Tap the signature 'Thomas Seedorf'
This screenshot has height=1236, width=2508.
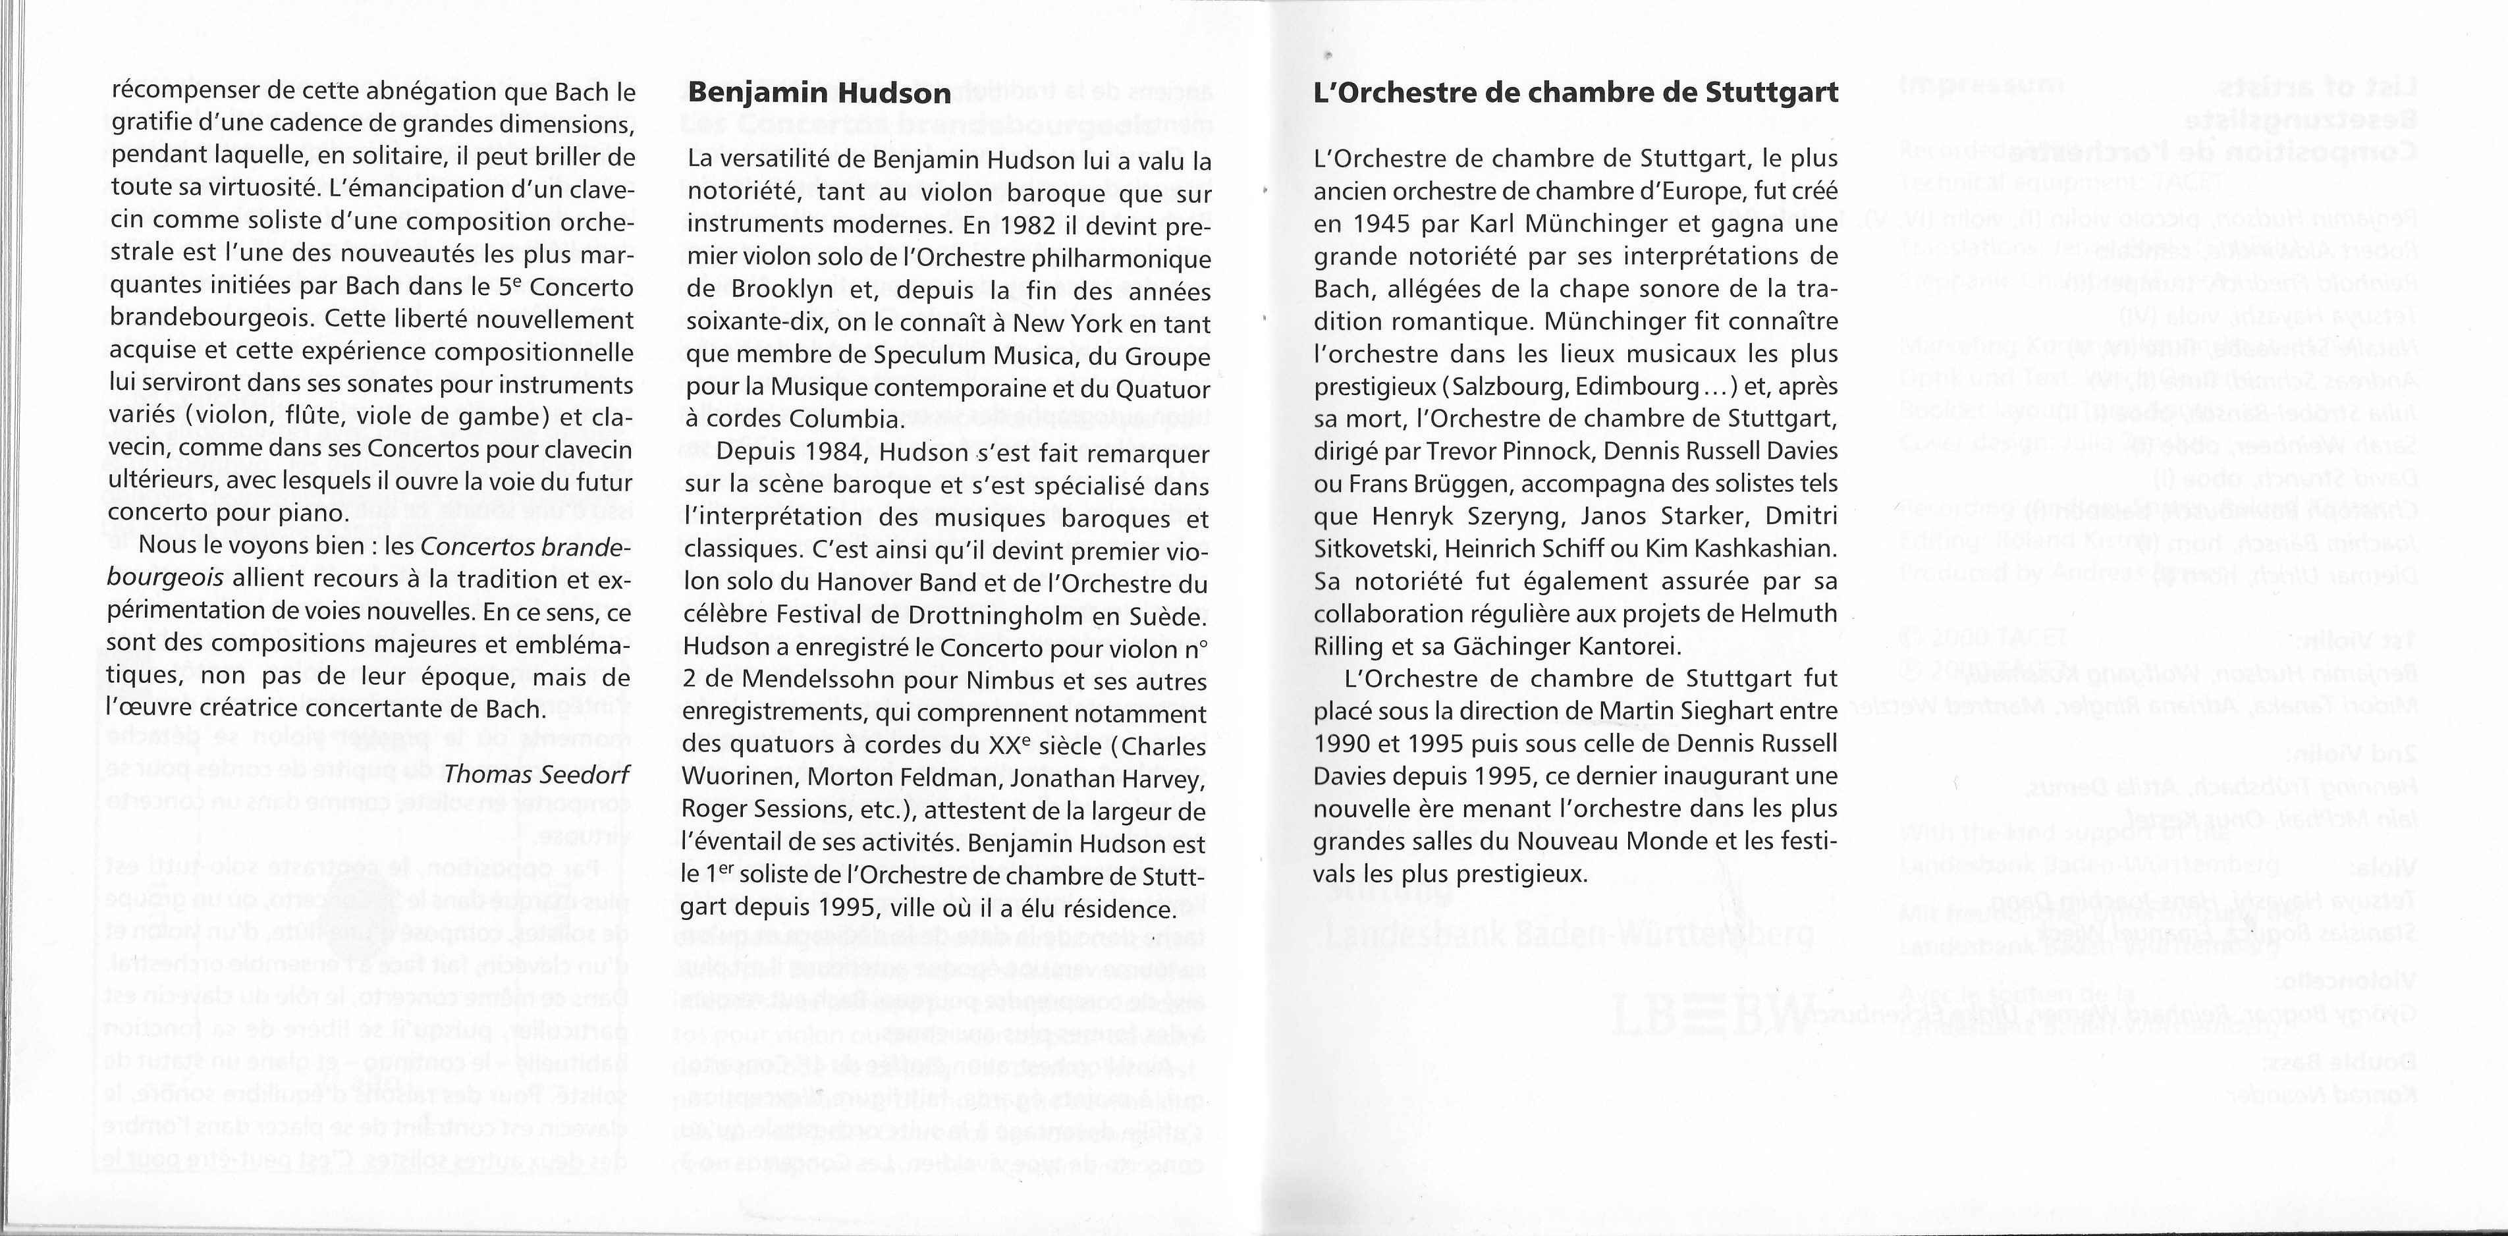tap(537, 774)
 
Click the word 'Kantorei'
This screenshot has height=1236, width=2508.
tap(1613, 646)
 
